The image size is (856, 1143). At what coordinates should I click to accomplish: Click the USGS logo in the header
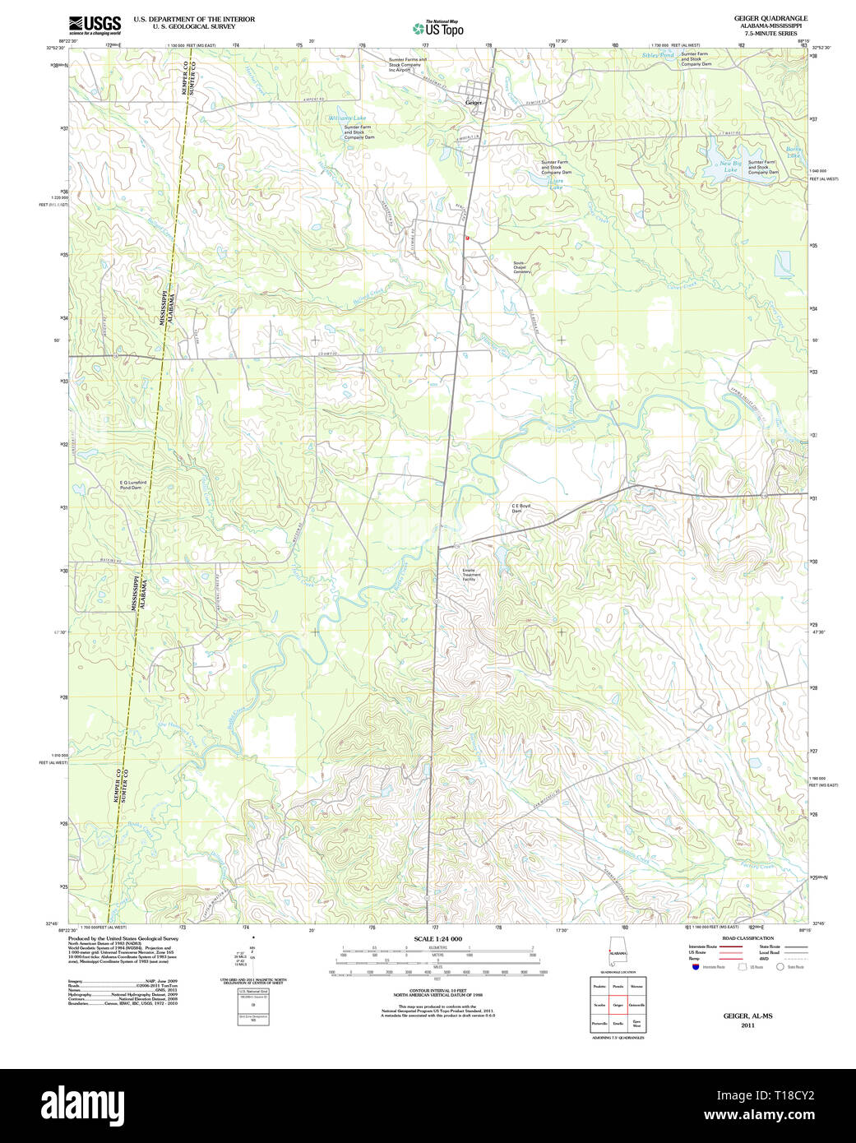(95, 24)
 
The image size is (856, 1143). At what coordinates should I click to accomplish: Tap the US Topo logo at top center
(438, 28)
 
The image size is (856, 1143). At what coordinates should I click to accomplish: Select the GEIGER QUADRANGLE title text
(770, 18)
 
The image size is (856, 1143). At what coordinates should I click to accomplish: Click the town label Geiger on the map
(474, 103)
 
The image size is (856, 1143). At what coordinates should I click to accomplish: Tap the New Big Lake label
(729, 166)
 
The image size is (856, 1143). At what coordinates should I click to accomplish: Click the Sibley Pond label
(658, 55)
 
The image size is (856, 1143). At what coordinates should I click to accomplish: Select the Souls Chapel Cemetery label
(521, 267)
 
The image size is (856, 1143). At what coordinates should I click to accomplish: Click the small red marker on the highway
(466, 238)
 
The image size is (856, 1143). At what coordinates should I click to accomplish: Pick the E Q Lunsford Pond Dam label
(132, 485)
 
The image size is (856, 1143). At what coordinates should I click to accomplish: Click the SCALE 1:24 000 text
(437, 939)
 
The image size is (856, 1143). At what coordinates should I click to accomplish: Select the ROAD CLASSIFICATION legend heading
(747, 938)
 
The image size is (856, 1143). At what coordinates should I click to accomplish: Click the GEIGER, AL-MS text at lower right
(747, 1016)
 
